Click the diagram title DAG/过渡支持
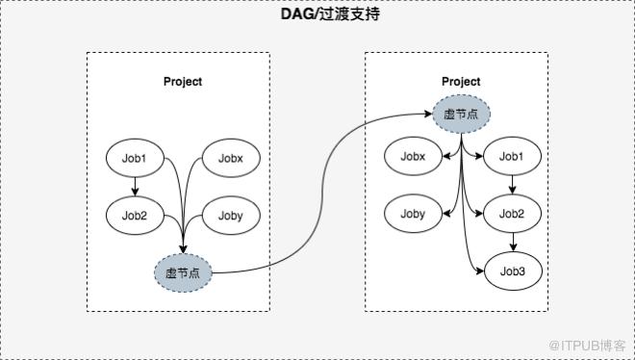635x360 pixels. point(330,14)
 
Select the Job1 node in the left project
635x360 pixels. point(135,158)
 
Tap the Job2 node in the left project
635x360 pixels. point(135,216)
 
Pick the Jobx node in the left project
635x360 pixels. point(231,158)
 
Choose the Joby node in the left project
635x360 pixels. point(231,216)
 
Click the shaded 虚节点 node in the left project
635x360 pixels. point(183,273)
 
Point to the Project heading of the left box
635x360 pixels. point(183,82)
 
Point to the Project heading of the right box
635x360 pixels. point(461,82)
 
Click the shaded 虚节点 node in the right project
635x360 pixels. point(461,115)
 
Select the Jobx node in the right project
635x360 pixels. point(413,156)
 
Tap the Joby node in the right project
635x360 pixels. point(413,214)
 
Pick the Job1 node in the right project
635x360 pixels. point(512,156)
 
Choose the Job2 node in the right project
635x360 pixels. point(512,214)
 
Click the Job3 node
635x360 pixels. point(513,270)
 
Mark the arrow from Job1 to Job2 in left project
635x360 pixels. point(136,187)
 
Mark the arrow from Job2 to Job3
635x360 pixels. point(513,243)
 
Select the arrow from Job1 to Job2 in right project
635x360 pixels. point(512,185)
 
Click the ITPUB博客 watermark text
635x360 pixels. point(588,346)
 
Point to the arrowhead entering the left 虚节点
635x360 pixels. point(184,248)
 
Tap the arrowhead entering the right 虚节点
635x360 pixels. point(427,115)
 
